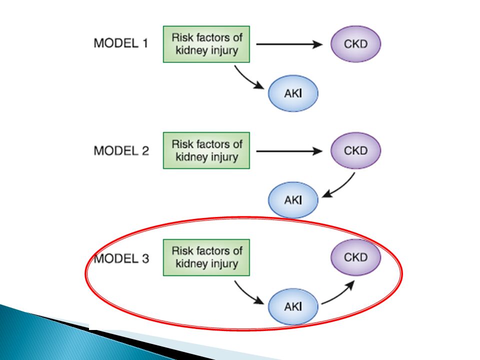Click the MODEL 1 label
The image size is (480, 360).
click(121, 43)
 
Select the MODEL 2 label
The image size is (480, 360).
click(121, 150)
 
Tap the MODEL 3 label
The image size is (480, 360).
click(121, 258)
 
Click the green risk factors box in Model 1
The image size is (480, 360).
click(206, 44)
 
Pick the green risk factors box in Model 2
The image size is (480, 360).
click(206, 150)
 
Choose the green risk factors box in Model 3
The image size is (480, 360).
click(206, 257)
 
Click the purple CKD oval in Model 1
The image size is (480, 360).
click(355, 44)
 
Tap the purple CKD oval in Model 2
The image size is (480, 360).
click(355, 150)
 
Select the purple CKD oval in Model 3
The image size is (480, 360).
click(355, 257)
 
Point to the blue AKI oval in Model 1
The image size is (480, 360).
click(293, 93)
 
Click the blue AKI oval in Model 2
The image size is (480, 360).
click(293, 200)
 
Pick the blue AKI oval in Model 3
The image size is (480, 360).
click(293, 306)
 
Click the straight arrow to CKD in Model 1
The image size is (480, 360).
click(289, 44)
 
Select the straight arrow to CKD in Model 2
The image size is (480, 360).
click(289, 151)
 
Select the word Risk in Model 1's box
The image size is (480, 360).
click(182, 37)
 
